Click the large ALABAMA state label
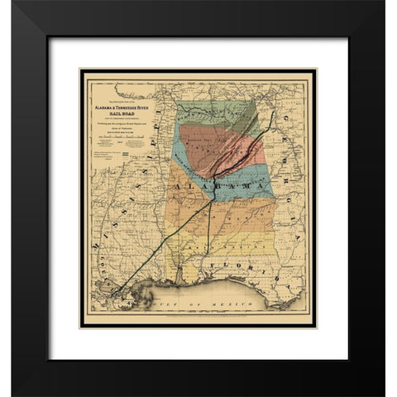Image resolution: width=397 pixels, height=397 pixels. click(219, 193)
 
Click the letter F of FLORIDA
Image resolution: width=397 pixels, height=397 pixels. click(213, 266)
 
